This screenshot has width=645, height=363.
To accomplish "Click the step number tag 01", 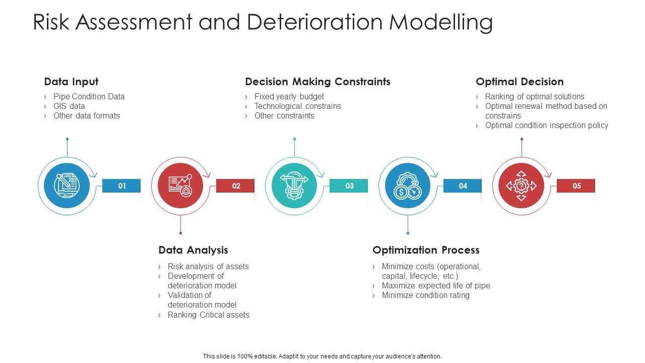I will coord(121,186).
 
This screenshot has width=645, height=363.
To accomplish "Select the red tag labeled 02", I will coord(235,186).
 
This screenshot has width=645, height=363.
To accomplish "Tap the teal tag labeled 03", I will coord(349,186).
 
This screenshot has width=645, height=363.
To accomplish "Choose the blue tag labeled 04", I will coord(463,186).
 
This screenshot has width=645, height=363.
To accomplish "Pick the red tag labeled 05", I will coord(576,186).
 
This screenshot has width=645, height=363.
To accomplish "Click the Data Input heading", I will coord(71,82).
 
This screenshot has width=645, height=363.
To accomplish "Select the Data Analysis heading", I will coord(193,250).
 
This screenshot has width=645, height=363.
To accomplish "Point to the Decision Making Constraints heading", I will coord(317,82).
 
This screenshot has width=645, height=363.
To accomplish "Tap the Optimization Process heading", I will coord(426,250).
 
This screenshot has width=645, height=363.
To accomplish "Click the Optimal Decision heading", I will coord(520,82).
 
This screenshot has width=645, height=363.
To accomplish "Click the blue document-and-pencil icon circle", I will coord(67,186).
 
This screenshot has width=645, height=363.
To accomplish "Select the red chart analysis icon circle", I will coord(180,186).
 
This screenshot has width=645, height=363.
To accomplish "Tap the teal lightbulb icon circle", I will coord(294,186).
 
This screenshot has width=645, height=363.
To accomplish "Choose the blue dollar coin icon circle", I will coord(408,186).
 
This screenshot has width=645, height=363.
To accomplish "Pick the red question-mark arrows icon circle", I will coord(521,186).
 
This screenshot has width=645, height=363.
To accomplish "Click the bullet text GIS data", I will coord(69,106).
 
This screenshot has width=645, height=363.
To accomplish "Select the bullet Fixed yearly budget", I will coord(289,96).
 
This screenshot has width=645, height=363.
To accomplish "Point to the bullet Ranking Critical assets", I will coord(208,315).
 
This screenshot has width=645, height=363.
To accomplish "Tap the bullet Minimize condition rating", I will coord(425,295).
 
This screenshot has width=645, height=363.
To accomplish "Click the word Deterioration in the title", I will coord(310,22).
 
